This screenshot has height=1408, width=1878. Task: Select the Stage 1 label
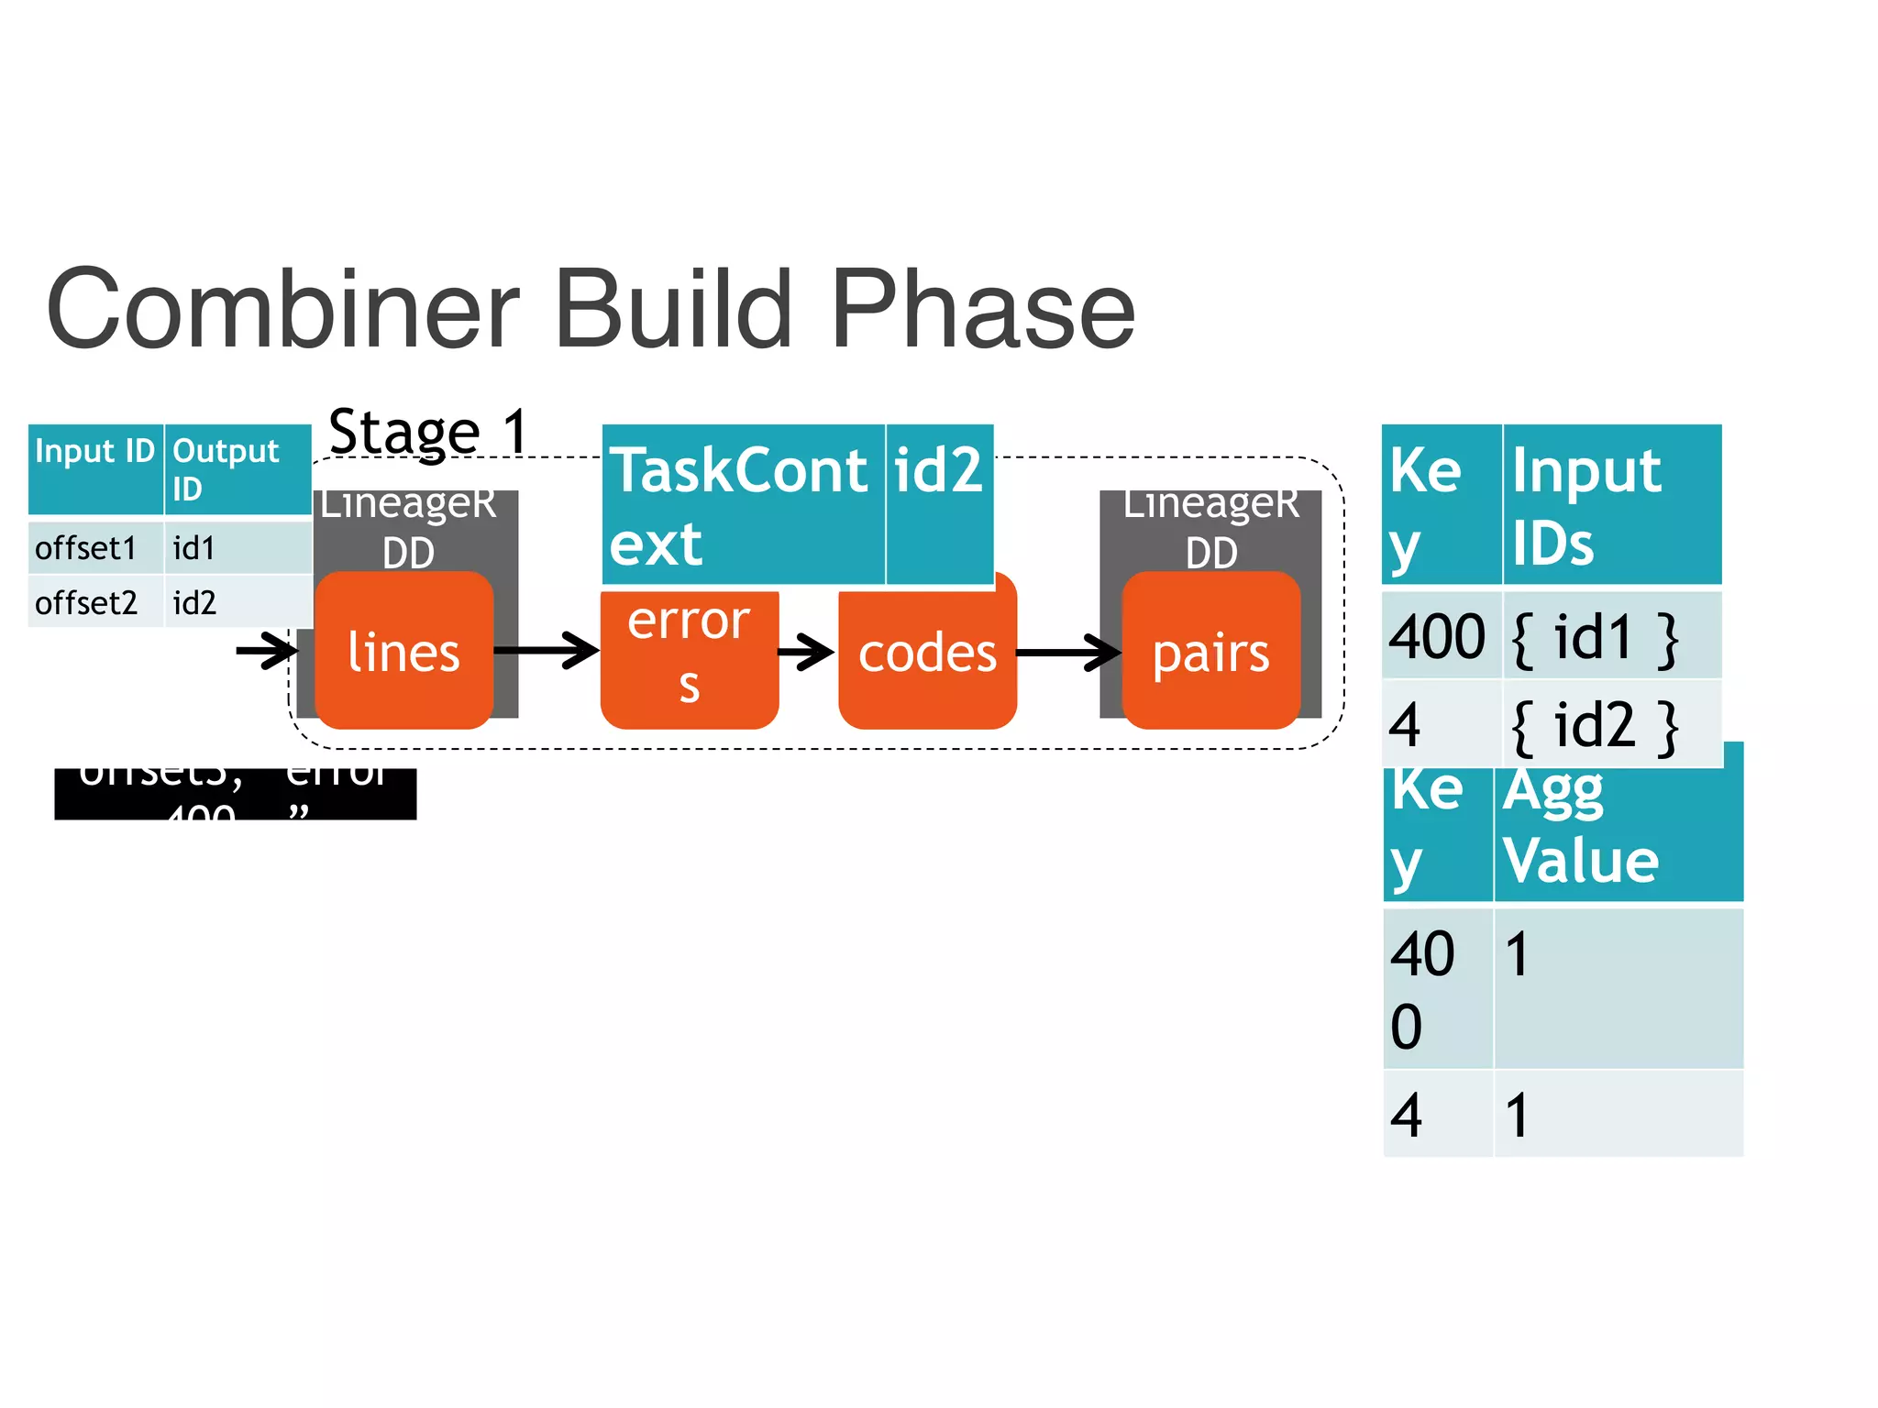428,431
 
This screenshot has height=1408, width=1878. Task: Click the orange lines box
403,652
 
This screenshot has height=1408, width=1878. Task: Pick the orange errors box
689,655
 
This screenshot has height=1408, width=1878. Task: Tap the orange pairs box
1210,652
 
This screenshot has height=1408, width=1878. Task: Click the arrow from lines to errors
547,650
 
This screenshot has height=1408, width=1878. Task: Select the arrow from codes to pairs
1068,652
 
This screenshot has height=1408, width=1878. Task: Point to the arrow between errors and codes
806,652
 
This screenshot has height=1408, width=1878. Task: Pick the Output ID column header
237,468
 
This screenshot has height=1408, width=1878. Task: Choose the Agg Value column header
1618,825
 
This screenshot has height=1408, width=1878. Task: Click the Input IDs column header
1610,504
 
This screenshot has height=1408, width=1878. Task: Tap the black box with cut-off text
235,793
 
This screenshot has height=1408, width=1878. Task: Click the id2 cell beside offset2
237,602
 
